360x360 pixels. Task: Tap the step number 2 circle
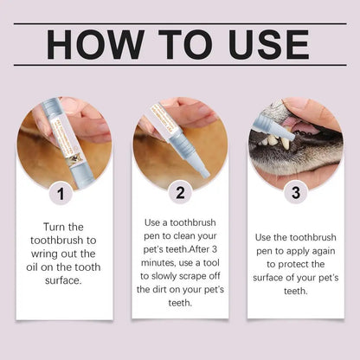[180, 193]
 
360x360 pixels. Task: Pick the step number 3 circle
[296, 193]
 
